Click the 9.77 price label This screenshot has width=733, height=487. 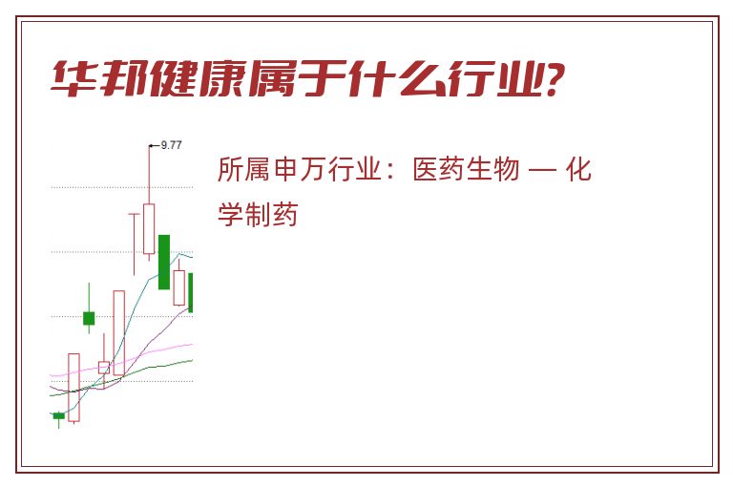coord(171,145)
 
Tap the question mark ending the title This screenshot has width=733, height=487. coord(555,78)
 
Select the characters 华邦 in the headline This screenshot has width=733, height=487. coord(100,78)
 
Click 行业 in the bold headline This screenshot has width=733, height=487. coord(495,78)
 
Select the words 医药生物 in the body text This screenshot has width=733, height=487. coord(466,169)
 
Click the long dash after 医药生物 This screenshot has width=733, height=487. coord(542,170)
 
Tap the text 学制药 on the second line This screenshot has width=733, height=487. coord(258,215)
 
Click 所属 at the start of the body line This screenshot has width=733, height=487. coord(243,169)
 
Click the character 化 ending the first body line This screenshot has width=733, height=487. coord(578,169)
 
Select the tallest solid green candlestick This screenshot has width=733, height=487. coord(164,262)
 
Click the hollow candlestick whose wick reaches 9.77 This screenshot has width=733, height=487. coord(149,229)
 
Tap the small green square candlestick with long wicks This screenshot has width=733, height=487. coord(89,318)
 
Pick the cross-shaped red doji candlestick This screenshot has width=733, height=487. coord(135,243)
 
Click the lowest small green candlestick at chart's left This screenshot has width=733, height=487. coord(59,416)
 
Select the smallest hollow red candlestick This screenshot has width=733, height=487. coord(104,368)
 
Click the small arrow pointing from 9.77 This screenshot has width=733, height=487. coord(155,146)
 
